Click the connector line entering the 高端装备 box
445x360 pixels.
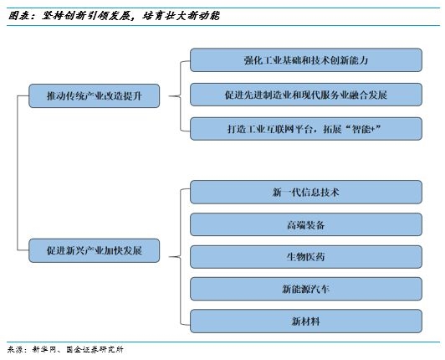click(x=186, y=224)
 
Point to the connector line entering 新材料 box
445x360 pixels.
click(x=186, y=321)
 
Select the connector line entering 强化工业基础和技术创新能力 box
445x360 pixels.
click(x=186, y=61)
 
